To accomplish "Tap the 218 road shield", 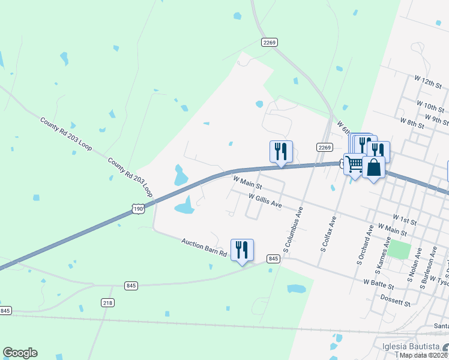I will pyautogui.click(x=107, y=303).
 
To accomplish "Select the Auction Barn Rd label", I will pyautogui.click(x=204, y=247).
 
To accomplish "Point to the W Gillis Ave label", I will pyautogui.click(x=265, y=200).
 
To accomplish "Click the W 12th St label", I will pyautogui.click(x=427, y=82).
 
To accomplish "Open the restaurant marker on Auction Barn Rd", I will pyautogui.click(x=242, y=250).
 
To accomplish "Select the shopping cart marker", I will pyautogui.click(x=354, y=163).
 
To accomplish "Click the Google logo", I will pyautogui.click(x=20, y=353).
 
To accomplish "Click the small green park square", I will pyautogui.click(x=399, y=249).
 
